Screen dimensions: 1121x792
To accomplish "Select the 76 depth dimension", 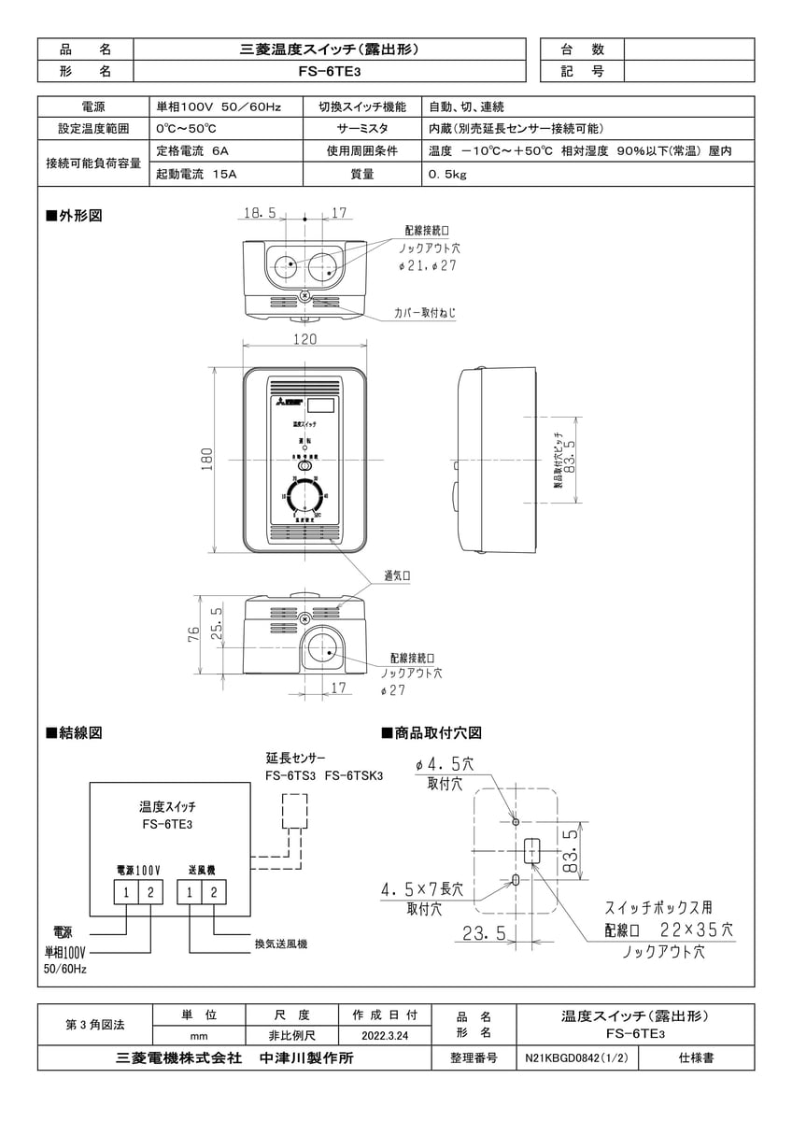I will [x=194, y=636].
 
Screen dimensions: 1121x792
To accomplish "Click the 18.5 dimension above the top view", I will [x=260, y=213].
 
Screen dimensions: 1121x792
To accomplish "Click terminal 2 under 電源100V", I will [x=150, y=892].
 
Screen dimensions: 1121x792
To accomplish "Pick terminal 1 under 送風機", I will [x=190, y=892].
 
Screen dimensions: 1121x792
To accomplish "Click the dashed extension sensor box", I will [x=295, y=812].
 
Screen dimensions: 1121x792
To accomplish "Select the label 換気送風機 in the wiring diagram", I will [x=281, y=944].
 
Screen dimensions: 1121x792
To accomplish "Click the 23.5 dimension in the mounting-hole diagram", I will [x=485, y=932].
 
